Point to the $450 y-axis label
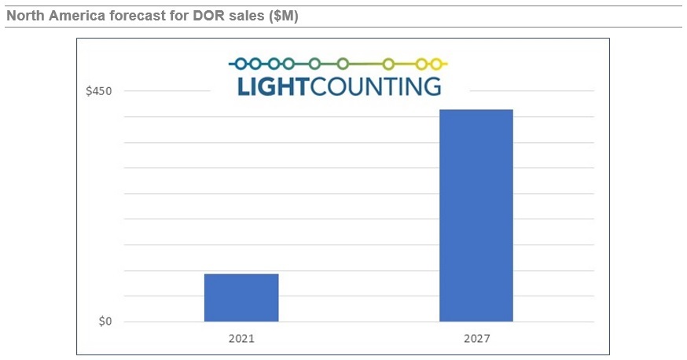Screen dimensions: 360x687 pos(99,91)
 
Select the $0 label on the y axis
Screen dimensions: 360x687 pos(105,321)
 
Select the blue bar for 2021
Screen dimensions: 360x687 pos(241,298)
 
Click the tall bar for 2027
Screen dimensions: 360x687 pos(476,215)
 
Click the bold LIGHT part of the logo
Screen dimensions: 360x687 pos(274,86)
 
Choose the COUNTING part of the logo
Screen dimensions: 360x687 pos(377,86)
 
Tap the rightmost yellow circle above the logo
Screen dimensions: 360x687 pos(437,63)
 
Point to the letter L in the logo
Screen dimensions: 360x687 pos(243,86)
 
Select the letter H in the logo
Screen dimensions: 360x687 pos(287,86)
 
